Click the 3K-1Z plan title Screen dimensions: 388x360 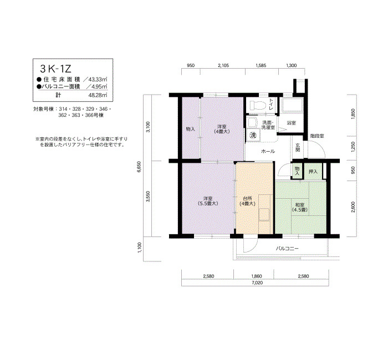pos(55,69)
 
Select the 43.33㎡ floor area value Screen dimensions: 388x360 pos(98,80)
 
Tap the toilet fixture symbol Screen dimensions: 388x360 pos(258,106)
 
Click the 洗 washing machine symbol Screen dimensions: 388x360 pos(253,135)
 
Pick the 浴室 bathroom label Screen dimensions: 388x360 pos(291,122)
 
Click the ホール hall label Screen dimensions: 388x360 pos(268,151)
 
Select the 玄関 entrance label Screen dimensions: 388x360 pos(298,148)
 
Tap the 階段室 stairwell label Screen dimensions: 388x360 pos(317,136)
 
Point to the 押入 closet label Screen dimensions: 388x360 pos(313,171)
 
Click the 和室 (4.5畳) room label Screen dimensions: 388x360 pos(300,208)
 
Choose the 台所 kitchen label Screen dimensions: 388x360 pos(247,201)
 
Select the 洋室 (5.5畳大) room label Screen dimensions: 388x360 pos(208,201)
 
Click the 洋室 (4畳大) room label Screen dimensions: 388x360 pos(222,129)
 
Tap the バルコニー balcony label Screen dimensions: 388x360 pos(287,249)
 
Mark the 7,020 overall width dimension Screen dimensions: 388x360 pos(257,283)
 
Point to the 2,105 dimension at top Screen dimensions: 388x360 pos(223,65)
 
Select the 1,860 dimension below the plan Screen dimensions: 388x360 pos(257,276)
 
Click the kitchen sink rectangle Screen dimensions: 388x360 pos(264,214)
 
